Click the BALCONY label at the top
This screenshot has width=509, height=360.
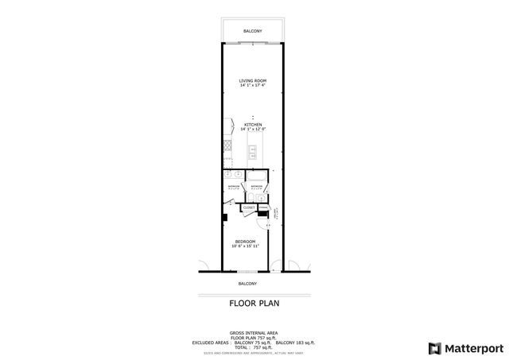click(252, 31)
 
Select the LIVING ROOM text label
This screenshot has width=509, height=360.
click(253, 81)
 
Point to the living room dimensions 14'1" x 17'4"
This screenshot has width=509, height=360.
click(253, 87)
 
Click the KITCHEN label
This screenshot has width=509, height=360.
click(253, 124)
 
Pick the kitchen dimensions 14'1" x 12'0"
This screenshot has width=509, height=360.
click(253, 130)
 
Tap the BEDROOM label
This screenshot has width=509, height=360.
click(245, 241)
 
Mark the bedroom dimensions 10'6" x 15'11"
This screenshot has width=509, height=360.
click(245, 246)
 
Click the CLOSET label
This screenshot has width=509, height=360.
click(248, 207)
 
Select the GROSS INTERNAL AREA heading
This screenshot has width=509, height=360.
click(252, 333)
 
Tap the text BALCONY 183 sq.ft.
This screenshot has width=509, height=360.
click(296, 342)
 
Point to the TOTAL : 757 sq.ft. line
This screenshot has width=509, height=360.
click(252, 346)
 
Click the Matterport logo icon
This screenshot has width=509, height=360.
click(433, 347)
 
